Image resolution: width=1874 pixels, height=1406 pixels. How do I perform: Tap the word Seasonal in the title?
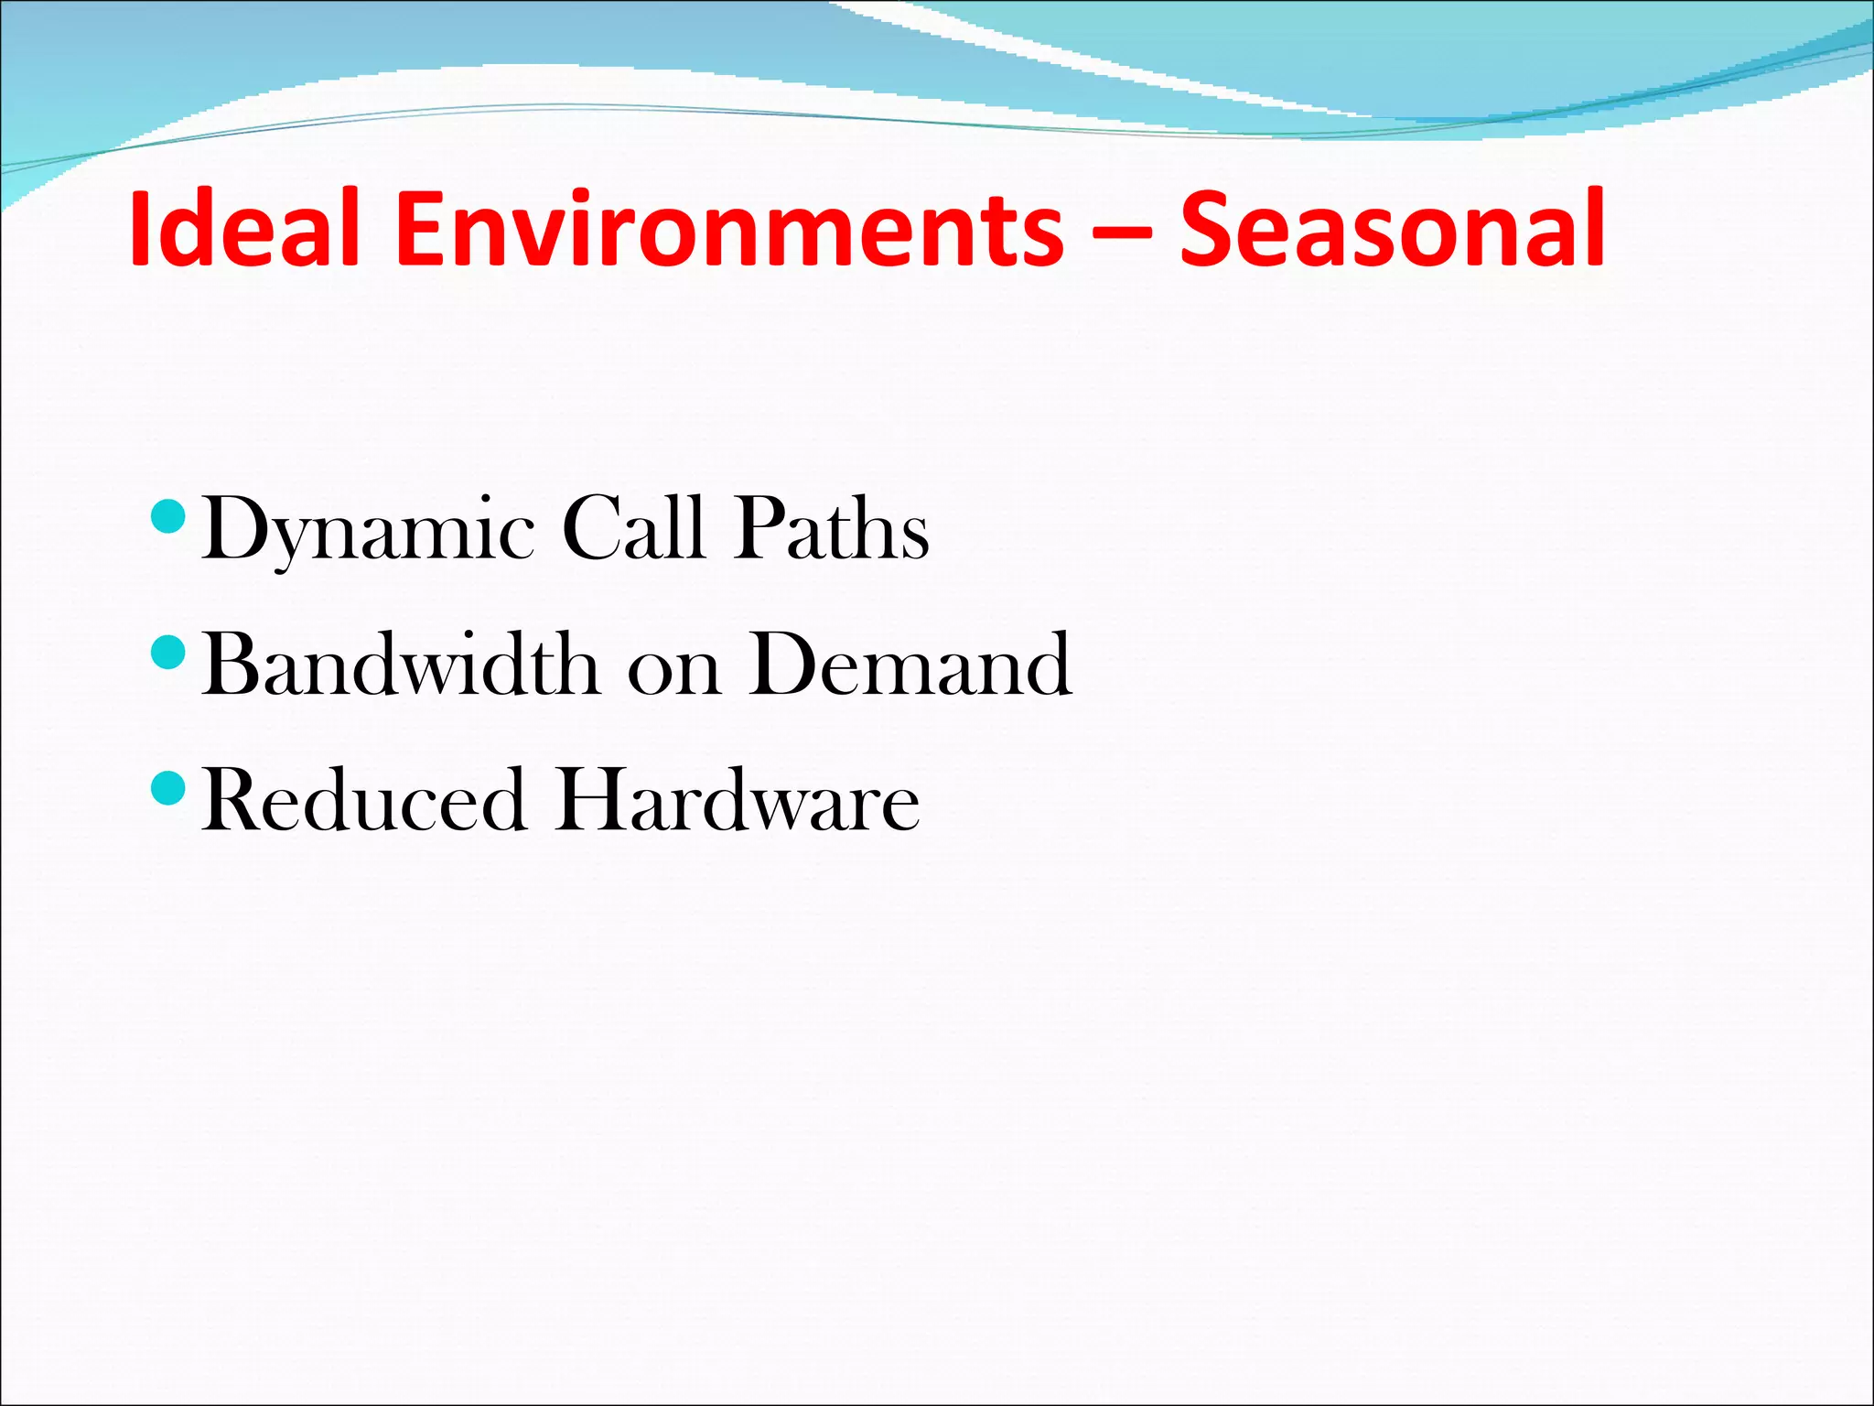(1392, 228)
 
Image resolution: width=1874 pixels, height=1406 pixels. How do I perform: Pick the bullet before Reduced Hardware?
(167, 788)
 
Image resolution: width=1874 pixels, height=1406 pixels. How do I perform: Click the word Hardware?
(738, 800)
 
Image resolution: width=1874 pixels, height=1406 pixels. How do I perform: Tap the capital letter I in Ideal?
(140, 228)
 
